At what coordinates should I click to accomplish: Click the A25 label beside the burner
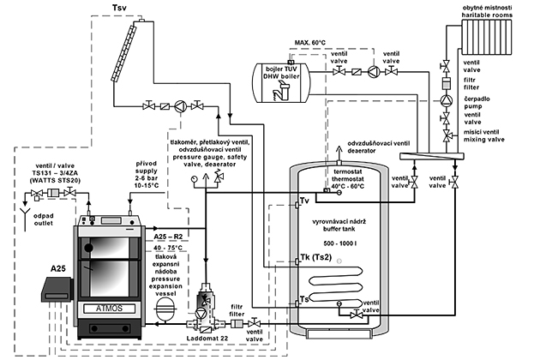click(x=58, y=268)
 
